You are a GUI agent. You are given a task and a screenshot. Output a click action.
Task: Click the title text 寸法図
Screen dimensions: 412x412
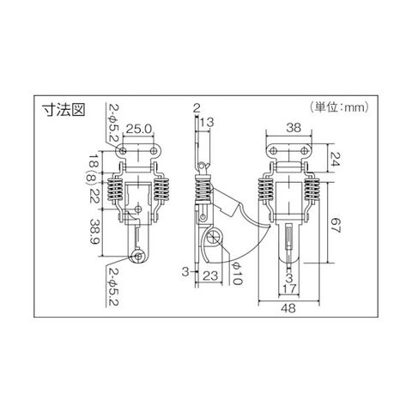pos(64,110)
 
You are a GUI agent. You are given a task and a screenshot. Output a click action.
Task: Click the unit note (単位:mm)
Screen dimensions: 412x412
pos(339,107)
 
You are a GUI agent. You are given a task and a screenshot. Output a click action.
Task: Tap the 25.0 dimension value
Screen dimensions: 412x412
pos(138,129)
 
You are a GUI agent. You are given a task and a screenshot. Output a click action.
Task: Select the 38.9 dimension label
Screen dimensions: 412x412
pos(94,232)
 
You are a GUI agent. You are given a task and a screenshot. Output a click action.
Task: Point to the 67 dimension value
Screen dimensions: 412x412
pos(336,226)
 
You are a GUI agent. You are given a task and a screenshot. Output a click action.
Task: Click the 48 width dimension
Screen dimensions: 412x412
pos(288,308)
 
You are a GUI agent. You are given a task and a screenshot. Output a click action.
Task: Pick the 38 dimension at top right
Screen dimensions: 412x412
pos(294,128)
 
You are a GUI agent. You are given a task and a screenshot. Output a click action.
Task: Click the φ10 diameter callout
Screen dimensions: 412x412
pos(237,273)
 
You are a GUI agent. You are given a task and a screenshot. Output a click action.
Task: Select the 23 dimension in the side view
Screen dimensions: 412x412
pos(210,276)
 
